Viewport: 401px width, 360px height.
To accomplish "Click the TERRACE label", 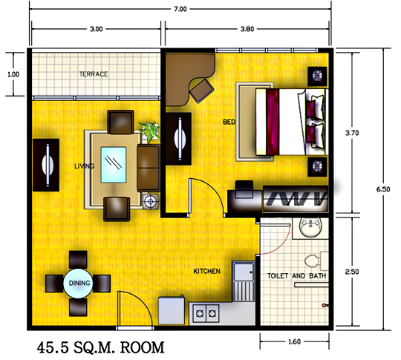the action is coord(94,74).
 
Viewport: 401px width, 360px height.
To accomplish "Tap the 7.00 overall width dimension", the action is coord(180,9).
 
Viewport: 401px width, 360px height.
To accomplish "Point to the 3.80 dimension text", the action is coord(247,29).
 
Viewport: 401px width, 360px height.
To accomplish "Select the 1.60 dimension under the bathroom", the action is coord(294,341).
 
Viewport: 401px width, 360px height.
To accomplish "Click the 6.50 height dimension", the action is coord(383,189).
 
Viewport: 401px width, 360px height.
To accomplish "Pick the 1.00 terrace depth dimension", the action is coord(13,74).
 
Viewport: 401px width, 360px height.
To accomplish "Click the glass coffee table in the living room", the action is coord(114,165).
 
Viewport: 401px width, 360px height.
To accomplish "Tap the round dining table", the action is coord(79,283).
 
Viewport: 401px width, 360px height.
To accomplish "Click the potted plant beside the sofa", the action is coord(149,131).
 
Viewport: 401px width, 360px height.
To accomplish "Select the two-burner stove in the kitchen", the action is coord(206,313).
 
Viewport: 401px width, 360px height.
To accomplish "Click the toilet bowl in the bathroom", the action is coord(312,261).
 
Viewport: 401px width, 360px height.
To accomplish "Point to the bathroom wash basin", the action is coord(310,227).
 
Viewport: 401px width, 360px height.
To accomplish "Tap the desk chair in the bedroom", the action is coord(201,91).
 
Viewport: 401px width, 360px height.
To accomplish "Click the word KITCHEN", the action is coord(206,271).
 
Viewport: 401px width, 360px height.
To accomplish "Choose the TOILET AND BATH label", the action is coord(296,276).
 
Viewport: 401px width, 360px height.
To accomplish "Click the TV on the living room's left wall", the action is coord(46,166).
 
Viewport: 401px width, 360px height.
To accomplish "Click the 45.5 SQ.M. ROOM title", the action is coord(100,347).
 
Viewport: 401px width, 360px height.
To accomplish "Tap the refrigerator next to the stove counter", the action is coord(172,310).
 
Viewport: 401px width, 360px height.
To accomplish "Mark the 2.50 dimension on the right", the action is coord(352,272).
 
